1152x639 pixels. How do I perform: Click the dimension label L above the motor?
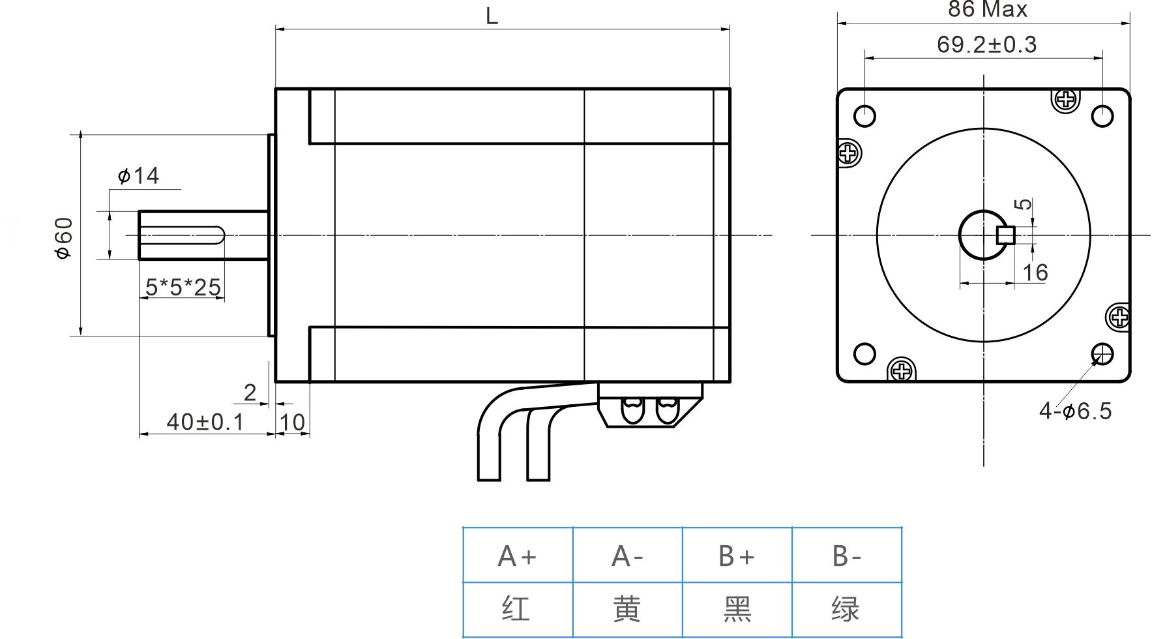(492, 16)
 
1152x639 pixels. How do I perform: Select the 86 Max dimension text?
(987, 9)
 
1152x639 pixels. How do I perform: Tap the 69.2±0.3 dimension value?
(986, 44)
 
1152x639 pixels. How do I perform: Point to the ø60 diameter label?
(64, 238)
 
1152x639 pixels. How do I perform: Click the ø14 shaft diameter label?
(138, 175)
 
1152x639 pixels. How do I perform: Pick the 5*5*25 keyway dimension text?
(183, 287)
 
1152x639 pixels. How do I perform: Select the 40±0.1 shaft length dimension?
(205, 422)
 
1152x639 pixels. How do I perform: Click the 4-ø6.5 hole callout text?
(1075, 411)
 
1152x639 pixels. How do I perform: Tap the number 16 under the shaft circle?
(1035, 273)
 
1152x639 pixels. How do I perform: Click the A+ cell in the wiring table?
(517, 556)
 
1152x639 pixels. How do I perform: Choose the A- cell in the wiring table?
(627, 556)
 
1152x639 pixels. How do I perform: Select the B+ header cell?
(737, 556)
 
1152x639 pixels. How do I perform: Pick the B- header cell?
(846, 556)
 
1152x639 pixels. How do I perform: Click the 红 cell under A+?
(517, 610)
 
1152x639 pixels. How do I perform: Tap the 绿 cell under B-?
(846, 610)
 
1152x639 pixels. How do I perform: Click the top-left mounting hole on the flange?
(864, 116)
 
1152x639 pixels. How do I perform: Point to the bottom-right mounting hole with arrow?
(1102, 354)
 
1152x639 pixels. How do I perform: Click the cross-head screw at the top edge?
(1066, 100)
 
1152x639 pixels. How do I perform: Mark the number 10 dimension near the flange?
(292, 423)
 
